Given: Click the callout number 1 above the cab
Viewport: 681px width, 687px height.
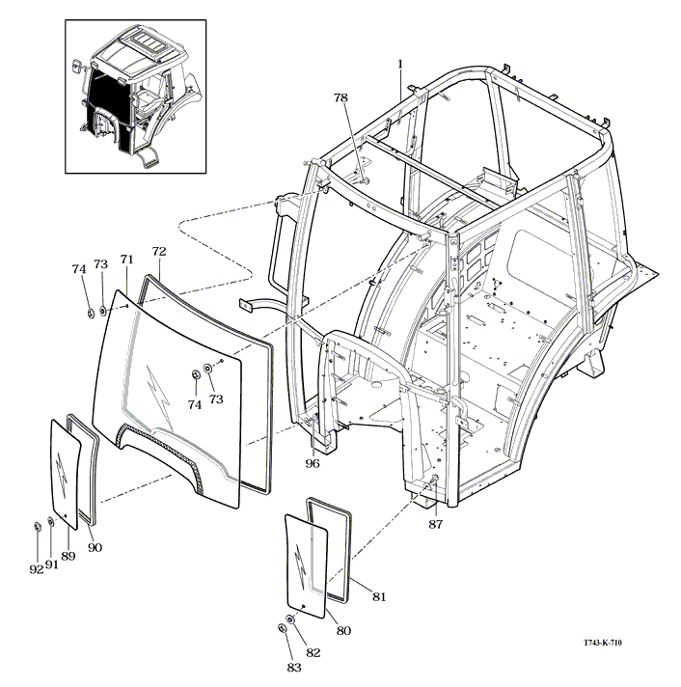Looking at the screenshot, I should (399, 64).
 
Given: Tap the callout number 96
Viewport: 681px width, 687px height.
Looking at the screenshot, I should (313, 462).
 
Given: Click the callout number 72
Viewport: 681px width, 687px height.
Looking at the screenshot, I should (160, 252).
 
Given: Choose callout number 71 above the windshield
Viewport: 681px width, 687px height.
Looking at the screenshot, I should (126, 261).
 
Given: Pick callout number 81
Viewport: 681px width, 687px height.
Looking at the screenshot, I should (379, 597).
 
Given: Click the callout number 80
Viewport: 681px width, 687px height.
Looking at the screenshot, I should (343, 631).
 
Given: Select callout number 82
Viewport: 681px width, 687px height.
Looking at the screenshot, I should (313, 652).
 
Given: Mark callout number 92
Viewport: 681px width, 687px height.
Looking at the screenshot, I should (36, 569).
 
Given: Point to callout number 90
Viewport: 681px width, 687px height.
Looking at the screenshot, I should (95, 548).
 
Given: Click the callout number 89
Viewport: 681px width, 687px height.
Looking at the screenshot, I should (68, 556).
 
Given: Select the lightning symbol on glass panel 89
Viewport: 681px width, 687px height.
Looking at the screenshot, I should (63, 470).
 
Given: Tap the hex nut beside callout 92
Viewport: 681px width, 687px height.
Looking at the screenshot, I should (37, 525).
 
